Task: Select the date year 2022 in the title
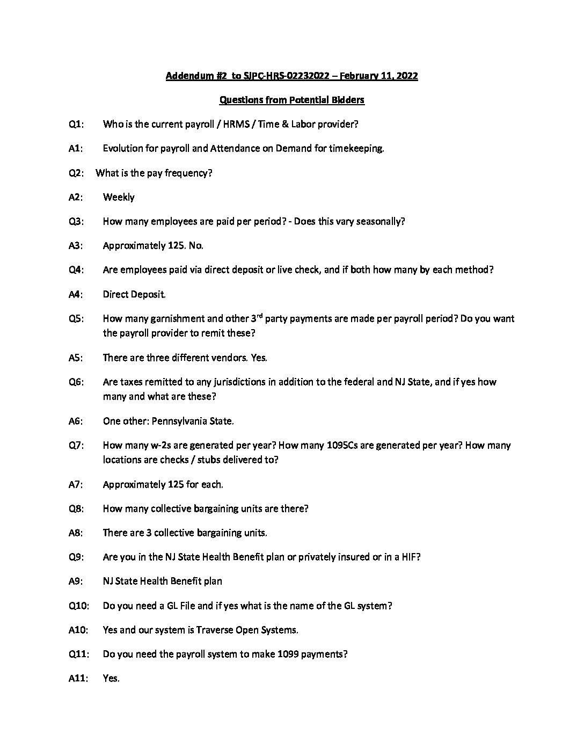[x=407, y=76]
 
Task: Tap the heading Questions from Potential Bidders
[x=292, y=100]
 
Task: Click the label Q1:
[x=76, y=125]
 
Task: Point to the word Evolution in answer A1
[x=123, y=149]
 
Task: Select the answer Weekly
[x=119, y=197]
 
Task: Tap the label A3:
[x=76, y=245]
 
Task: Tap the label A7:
[x=76, y=484]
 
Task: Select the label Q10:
[x=78, y=606]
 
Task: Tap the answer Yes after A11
[x=111, y=678]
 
